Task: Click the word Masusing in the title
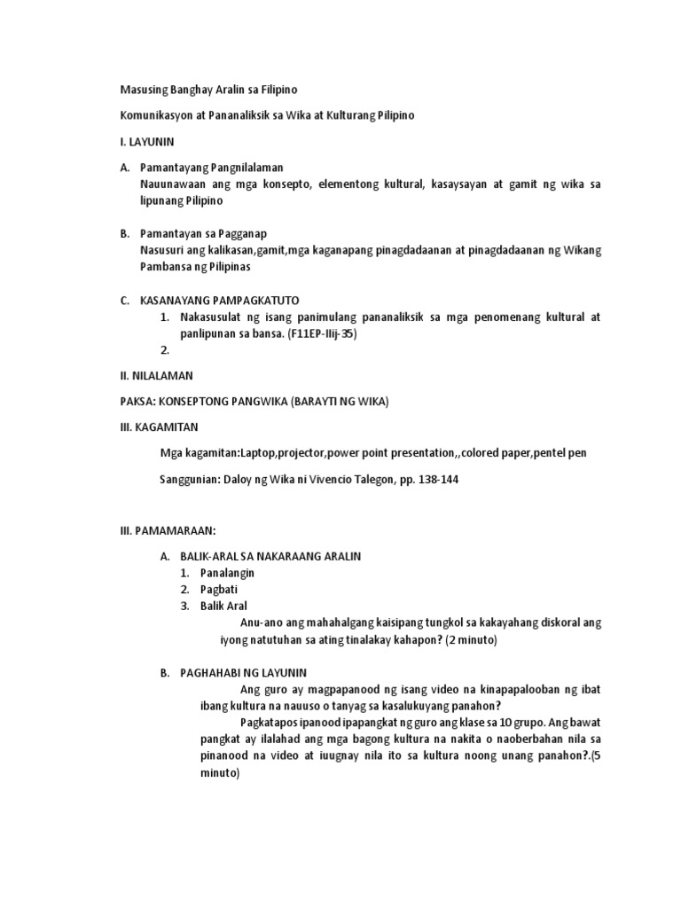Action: coord(144,90)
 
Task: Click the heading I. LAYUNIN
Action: coord(147,141)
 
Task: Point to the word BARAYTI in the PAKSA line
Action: coord(315,402)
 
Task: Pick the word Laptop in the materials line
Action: coord(253,453)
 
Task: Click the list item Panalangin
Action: coord(227,573)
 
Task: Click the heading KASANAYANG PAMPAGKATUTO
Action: coord(225,301)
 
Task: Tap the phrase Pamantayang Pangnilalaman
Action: coord(212,168)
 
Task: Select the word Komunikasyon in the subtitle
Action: coord(158,115)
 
